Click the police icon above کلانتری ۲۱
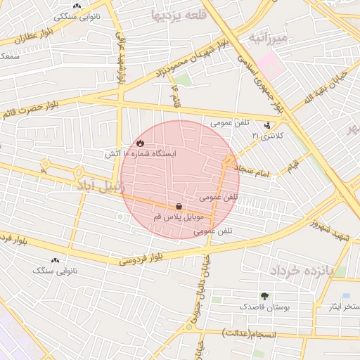pos(267,126)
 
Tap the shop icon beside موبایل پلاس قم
pos(179,207)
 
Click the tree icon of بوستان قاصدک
pos(264,296)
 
